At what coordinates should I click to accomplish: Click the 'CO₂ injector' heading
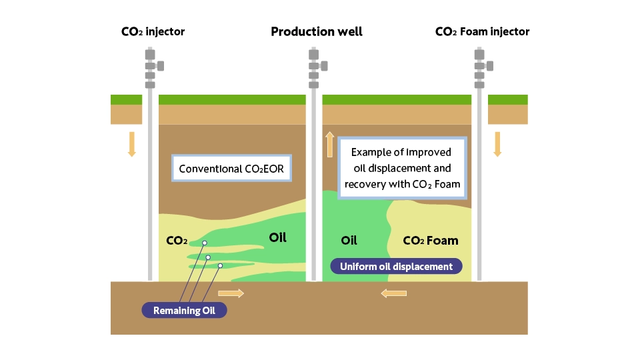tap(153, 31)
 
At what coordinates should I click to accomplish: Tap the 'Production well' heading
tap(317, 31)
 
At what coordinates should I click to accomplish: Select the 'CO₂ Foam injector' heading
tap(482, 31)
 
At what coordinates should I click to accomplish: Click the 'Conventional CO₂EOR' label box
tap(231, 168)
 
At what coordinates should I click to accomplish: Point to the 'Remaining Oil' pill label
tap(184, 310)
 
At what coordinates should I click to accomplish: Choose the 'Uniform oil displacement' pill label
tap(396, 267)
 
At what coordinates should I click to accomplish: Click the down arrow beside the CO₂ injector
tap(131, 144)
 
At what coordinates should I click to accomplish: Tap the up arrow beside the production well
tap(330, 145)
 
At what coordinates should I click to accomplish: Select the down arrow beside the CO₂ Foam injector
tap(497, 144)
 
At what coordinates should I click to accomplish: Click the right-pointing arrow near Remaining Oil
tap(231, 293)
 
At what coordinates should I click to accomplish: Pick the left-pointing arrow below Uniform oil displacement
tap(393, 293)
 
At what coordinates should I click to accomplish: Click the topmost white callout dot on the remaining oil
tap(205, 243)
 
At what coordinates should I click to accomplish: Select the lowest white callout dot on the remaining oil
tap(220, 266)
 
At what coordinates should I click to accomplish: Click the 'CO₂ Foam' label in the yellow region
tap(431, 241)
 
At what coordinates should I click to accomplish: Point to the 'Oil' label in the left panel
tap(277, 237)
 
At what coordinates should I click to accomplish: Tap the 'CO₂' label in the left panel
tap(177, 241)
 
